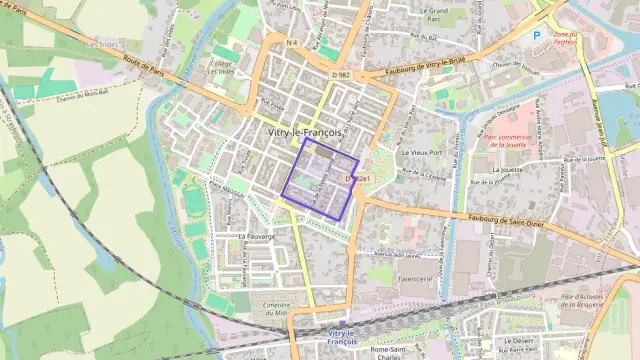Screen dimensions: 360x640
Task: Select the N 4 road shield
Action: click(291, 42)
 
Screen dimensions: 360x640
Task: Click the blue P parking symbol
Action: click(536, 35)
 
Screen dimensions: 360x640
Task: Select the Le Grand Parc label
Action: click(434, 14)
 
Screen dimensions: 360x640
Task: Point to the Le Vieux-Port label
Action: click(419, 153)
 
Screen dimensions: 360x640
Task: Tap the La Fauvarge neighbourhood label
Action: click(257, 236)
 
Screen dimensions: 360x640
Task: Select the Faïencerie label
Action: click(415, 277)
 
